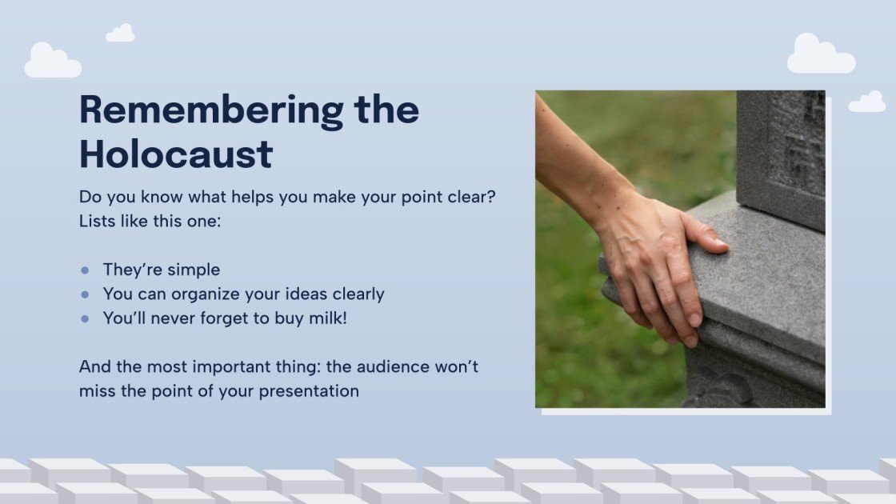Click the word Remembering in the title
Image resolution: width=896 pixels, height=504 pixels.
[211, 111]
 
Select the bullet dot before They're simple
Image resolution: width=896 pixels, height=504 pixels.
[85, 270]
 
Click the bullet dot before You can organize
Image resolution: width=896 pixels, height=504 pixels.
[85, 294]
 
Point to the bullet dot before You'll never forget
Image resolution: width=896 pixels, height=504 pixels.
[85, 319]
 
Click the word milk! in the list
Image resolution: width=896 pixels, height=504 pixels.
[328, 318]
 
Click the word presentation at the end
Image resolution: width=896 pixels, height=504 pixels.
[309, 392]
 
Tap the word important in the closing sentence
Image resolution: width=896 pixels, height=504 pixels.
[231, 367]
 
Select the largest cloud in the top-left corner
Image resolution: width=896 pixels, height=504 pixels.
[53, 61]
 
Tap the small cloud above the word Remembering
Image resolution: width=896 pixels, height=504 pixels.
[121, 33]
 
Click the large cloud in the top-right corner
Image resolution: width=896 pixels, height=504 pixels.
[821, 54]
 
